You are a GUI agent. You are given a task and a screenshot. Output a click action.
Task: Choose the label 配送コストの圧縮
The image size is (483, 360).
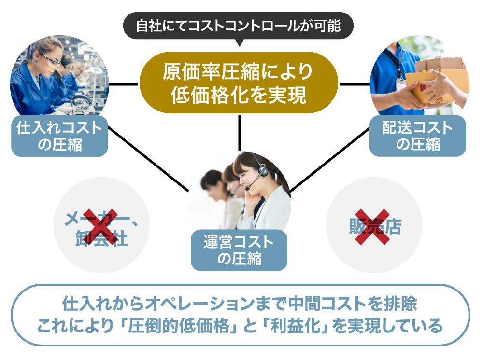click(x=418, y=136)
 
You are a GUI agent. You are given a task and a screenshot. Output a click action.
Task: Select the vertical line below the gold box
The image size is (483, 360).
click(x=239, y=133)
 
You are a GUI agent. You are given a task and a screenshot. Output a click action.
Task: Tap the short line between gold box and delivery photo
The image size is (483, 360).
click(x=355, y=84)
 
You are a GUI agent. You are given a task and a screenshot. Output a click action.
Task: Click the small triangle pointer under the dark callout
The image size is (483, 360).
click(x=239, y=42)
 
